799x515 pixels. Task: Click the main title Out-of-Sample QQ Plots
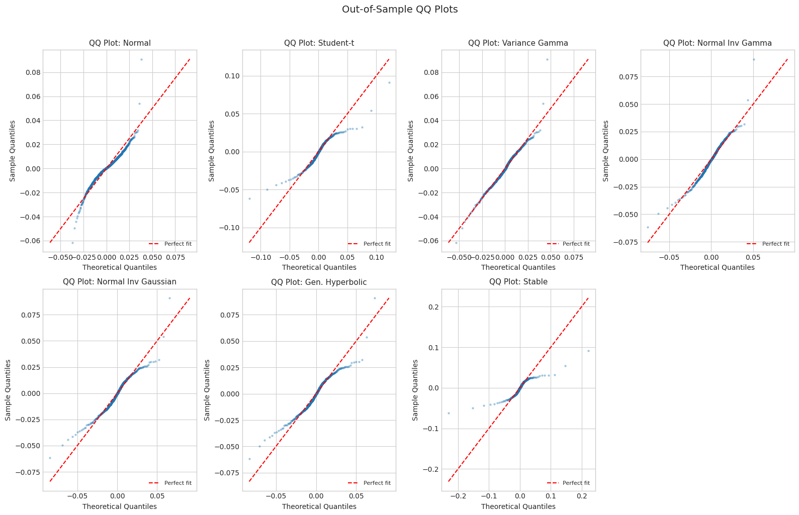[x=400, y=10]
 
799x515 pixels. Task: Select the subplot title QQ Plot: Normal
[x=120, y=43]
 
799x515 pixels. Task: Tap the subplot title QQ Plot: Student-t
[x=319, y=43]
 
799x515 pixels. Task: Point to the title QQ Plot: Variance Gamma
[x=518, y=43]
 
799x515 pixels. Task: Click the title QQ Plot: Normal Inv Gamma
[x=717, y=43]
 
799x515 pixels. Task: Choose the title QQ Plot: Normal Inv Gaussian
[x=120, y=282]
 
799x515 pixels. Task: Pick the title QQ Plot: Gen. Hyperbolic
[x=319, y=282]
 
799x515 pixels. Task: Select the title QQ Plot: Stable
[x=518, y=282]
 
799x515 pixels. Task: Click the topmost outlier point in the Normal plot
[x=141, y=59]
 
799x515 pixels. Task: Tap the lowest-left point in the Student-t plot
[x=249, y=198]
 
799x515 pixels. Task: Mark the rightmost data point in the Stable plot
[x=588, y=351]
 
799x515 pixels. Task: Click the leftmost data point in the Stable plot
[x=449, y=413]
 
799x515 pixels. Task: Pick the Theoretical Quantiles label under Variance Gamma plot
[x=518, y=267]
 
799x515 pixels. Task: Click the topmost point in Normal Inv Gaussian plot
[x=169, y=298]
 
